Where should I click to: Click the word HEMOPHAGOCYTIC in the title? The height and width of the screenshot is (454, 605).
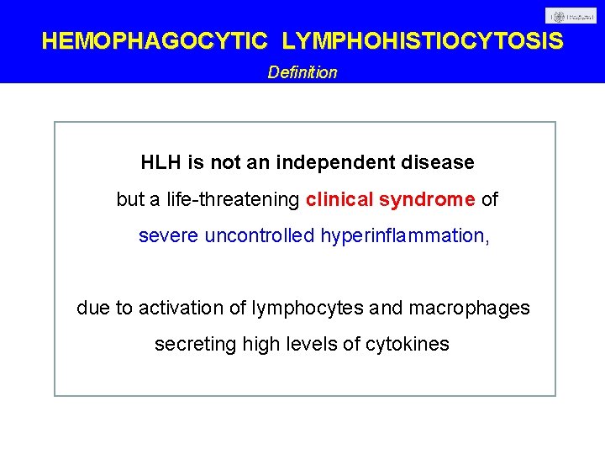[x=155, y=41]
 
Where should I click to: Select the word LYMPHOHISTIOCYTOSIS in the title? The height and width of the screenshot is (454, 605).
[x=423, y=41]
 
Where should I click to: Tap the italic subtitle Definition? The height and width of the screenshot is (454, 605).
[x=302, y=72]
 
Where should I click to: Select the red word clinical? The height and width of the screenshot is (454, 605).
[x=340, y=200]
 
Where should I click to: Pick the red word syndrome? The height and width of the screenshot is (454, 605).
[x=427, y=200]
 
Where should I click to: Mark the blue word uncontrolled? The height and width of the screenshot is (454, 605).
[x=260, y=236]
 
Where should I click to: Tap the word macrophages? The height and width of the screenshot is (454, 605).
[x=469, y=309]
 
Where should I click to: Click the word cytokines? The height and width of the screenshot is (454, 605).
[x=408, y=345]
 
